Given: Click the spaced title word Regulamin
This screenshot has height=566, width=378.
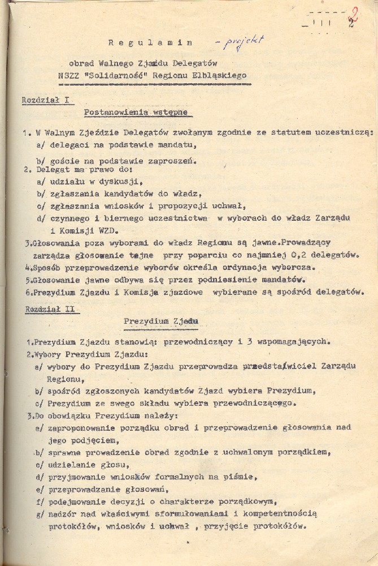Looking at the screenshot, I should pyautogui.click(x=151, y=42).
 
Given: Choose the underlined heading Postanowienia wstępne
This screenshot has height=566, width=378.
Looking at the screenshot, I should pyautogui.click(x=136, y=112).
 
